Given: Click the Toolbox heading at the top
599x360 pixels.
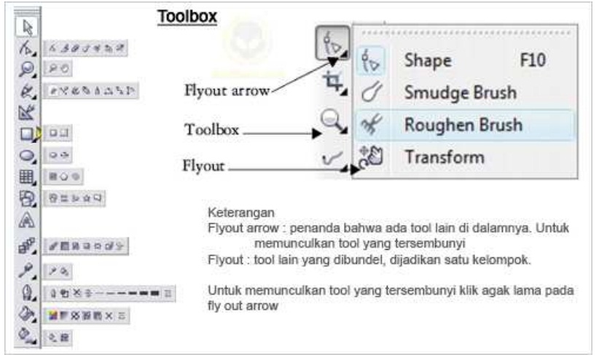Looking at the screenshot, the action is coord(187,17).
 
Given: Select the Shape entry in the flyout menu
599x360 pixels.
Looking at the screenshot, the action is coord(428,61).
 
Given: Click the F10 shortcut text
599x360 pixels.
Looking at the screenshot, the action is coord(533,60).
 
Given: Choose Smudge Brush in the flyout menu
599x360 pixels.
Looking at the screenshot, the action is coord(461,93).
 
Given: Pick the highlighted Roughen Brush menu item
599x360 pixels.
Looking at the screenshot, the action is coord(463,125).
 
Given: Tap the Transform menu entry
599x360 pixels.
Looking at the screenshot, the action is coord(445,157).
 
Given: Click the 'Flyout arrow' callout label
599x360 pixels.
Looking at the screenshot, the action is coord(227,91).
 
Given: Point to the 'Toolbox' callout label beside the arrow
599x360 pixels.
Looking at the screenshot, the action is coord(211,130).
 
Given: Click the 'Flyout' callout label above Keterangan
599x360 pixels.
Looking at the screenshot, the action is coord(203,166).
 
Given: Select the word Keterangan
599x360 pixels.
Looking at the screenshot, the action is coord(241,213).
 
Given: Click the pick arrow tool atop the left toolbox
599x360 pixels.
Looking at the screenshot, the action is coord(28,27).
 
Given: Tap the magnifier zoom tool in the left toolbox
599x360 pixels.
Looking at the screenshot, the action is coord(27,69).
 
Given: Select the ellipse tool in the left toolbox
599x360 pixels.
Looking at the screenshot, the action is coord(27,155).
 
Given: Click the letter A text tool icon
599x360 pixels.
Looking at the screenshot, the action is coord(27,221).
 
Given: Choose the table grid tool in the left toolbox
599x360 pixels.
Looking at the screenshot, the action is coord(26,177).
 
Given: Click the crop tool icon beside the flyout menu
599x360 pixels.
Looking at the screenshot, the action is coord(334,82).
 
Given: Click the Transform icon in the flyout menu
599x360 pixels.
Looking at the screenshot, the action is coord(371,157).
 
